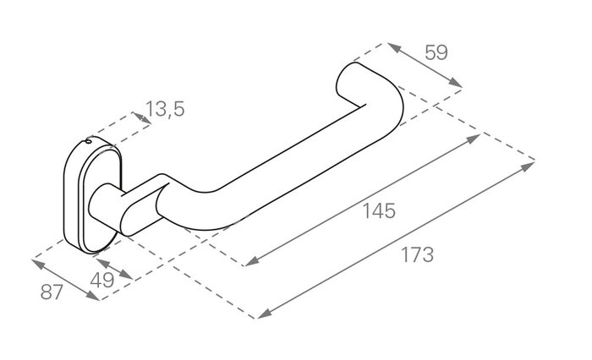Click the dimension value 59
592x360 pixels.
click(x=436, y=52)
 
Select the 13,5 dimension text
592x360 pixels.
click(x=165, y=108)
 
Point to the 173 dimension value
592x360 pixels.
click(x=417, y=254)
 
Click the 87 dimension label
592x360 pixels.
click(x=53, y=295)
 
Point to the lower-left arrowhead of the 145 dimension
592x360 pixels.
click(x=249, y=263)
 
